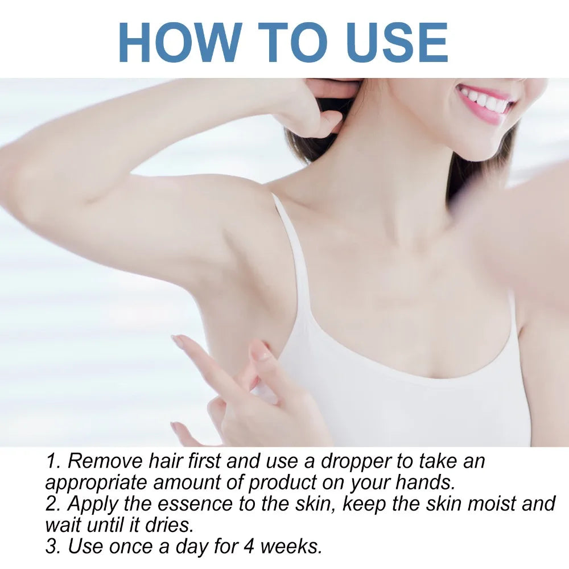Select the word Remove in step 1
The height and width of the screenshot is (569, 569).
(x=105, y=460)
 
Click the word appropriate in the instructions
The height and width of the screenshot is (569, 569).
(x=94, y=483)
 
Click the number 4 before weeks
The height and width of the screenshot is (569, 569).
(x=250, y=546)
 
